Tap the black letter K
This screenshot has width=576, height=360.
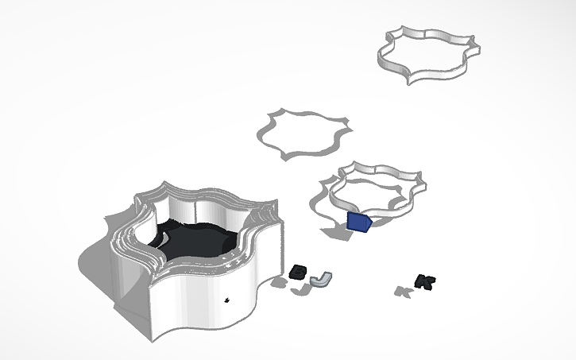pos(425,281)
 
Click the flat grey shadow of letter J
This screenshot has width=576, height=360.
pos(300,290)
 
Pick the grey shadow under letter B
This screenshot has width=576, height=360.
pos(280,282)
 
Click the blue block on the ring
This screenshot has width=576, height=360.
pos(359,222)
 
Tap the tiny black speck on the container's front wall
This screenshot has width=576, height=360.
pos(228,300)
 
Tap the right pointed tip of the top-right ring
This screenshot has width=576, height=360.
pos(474,41)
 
